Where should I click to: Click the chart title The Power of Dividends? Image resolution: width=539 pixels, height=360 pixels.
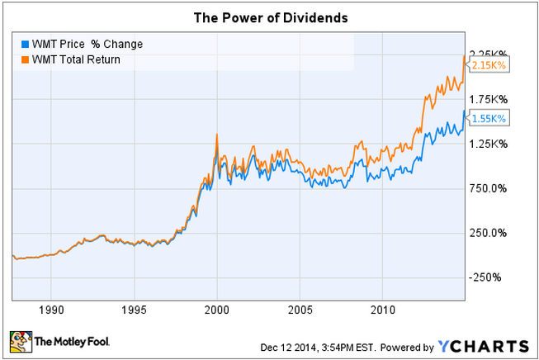pyautogui.click(x=269, y=16)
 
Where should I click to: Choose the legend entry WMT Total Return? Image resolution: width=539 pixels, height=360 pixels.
pyautogui.click(x=74, y=59)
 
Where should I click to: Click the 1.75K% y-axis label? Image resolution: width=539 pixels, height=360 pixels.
pyautogui.click(x=489, y=99)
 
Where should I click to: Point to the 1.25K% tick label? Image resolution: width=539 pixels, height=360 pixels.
pyautogui.click(x=489, y=144)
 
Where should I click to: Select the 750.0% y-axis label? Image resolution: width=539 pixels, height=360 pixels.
pyautogui.click(x=489, y=188)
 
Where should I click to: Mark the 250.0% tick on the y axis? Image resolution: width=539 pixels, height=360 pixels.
pyautogui.click(x=489, y=233)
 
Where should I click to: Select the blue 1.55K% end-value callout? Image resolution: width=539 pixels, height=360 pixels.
pyautogui.click(x=489, y=118)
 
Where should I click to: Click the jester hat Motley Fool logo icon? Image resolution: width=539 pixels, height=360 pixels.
pyautogui.click(x=19, y=339)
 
